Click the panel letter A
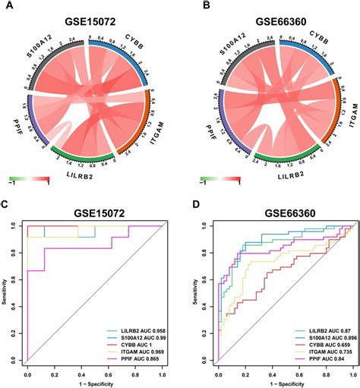tap(7, 6)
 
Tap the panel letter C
tap(7, 206)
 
